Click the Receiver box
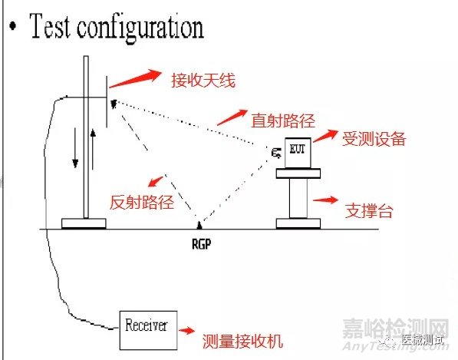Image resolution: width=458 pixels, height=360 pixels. (147, 323)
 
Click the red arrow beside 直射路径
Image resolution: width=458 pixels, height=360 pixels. (231, 116)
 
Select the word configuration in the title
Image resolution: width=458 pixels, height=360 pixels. (146, 28)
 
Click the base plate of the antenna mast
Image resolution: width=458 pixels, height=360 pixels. (84, 224)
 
